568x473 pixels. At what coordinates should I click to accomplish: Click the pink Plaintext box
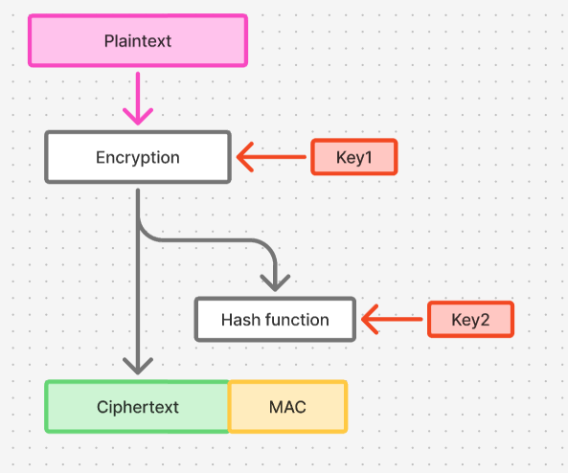138,41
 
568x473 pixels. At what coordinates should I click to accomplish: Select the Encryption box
138,157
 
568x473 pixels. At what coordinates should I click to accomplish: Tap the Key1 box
353,157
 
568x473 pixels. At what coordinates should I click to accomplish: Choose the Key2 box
470,320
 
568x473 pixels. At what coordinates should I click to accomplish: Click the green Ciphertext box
138,407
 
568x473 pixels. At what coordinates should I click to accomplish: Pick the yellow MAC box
287,407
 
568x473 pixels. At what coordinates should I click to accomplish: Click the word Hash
239,320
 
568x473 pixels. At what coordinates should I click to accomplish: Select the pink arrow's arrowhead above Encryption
138,117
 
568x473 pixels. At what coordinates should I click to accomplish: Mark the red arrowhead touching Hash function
370,320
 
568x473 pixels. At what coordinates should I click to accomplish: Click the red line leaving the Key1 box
283,157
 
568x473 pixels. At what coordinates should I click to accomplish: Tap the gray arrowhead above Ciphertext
139,366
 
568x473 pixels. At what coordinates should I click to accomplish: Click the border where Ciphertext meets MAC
229,407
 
